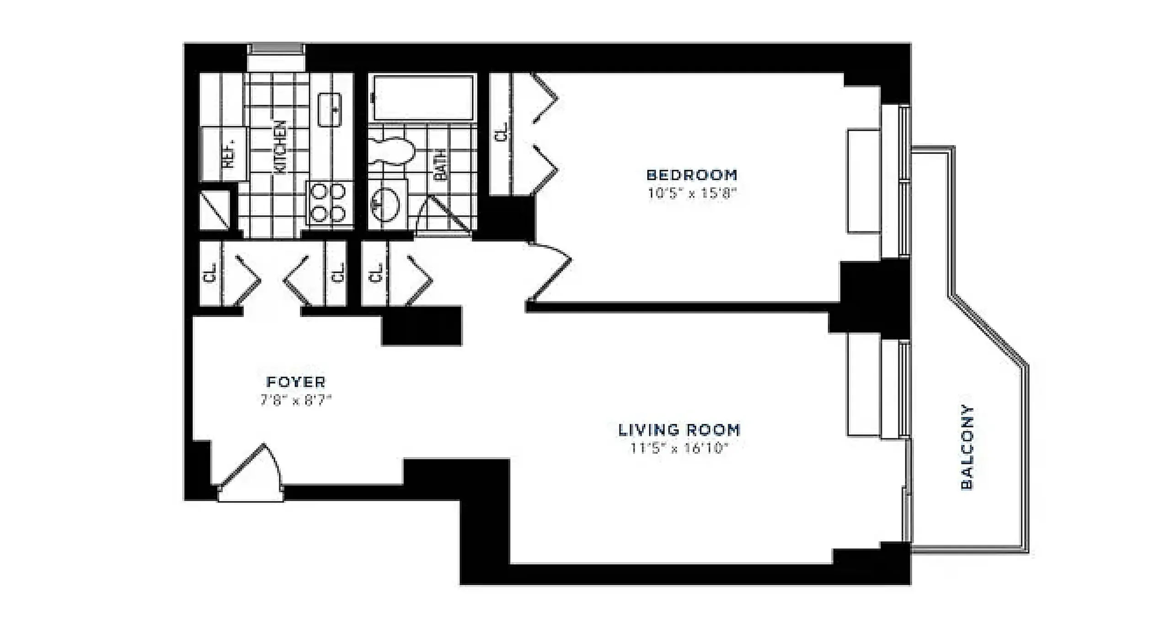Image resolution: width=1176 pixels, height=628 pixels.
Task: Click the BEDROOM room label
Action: click(x=692, y=175)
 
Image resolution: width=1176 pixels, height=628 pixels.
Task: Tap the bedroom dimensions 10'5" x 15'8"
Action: click(x=692, y=193)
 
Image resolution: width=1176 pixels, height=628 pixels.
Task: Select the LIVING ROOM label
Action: click(x=679, y=430)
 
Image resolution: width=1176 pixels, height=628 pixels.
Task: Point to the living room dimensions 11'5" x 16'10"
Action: click(x=679, y=448)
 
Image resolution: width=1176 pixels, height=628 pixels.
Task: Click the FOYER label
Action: click(x=296, y=382)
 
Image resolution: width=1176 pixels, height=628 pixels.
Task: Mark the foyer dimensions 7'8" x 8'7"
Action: click(x=296, y=401)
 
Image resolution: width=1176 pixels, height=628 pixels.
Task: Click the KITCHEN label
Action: click(x=280, y=147)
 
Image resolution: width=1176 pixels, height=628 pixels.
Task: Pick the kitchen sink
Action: click(x=330, y=109)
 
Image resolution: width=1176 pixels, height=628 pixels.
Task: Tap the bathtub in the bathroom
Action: click(x=422, y=98)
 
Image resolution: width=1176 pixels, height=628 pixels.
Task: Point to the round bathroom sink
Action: click(x=385, y=204)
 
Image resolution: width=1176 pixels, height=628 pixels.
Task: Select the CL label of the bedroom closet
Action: click(x=502, y=132)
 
